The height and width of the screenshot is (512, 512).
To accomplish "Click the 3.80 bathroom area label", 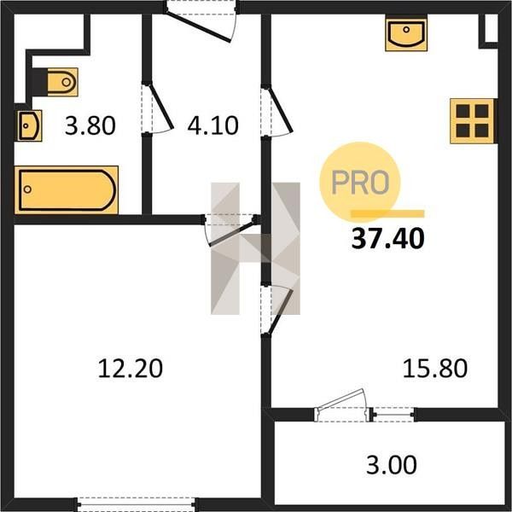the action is [x=90, y=126].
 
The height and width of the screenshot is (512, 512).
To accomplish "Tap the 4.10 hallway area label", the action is [x=212, y=126].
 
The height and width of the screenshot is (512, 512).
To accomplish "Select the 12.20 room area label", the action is [x=131, y=369].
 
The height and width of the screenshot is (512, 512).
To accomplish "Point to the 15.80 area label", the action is [x=435, y=369].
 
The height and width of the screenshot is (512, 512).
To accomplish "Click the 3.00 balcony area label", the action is [x=392, y=465].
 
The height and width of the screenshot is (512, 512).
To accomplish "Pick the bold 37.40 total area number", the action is [x=388, y=239].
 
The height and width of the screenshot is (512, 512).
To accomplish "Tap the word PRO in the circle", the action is [x=360, y=183].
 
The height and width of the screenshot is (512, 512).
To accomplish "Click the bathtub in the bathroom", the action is [x=67, y=189].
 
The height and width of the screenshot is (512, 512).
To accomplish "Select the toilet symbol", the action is [x=62, y=82].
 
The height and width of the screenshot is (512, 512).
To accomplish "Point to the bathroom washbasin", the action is [x=29, y=125].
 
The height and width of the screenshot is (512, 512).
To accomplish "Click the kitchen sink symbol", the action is [x=406, y=35].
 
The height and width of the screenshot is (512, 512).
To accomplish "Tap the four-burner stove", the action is [x=472, y=121].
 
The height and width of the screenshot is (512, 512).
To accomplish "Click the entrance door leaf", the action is [x=198, y=27].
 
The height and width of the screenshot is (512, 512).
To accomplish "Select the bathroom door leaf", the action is [x=161, y=107].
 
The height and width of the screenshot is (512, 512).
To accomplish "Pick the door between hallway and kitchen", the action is [x=281, y=109].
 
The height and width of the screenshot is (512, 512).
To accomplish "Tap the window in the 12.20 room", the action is [x=137, y=504].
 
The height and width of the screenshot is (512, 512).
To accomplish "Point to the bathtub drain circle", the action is [x=28, y=189].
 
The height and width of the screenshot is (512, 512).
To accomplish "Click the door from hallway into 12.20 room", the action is [x=231, y=234].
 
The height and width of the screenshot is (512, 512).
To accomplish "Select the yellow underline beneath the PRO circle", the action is [x=387, y=214].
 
